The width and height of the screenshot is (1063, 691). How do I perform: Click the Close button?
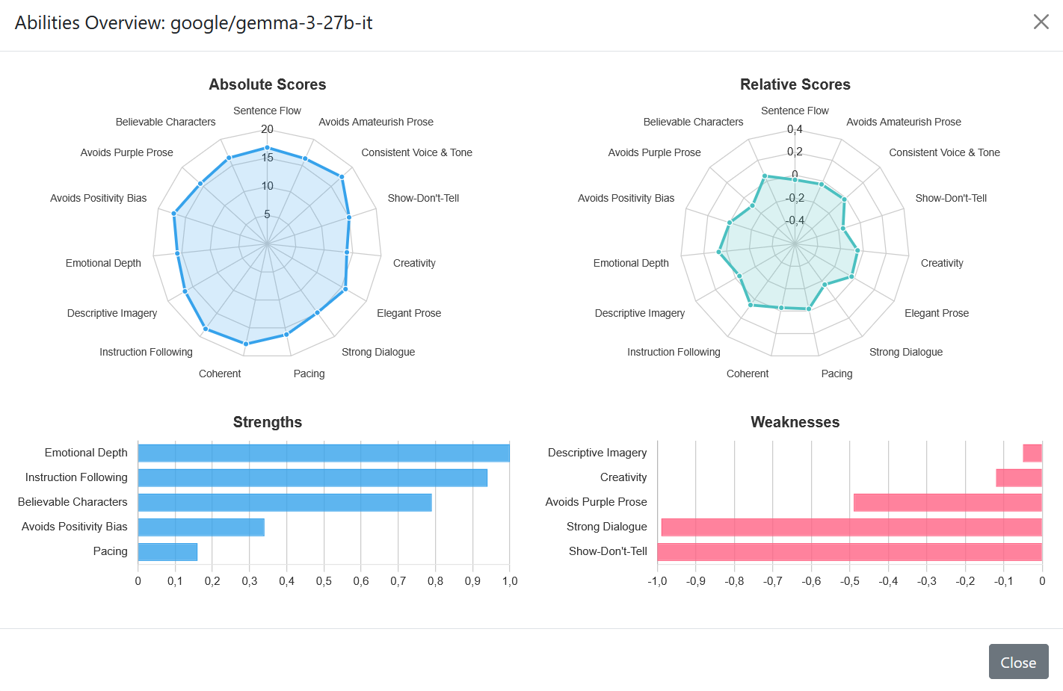click(1018, 662)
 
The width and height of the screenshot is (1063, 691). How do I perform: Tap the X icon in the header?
click(1041, 22)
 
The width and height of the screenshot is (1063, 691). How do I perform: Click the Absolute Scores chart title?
click(267, 84)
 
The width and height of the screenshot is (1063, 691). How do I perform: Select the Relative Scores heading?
click(795, 84)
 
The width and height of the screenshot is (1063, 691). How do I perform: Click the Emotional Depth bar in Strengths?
click(324, 453)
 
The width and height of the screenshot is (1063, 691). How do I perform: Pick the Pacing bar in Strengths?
click(167, 552)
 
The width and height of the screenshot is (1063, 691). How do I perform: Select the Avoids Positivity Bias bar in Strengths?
click(201, 527)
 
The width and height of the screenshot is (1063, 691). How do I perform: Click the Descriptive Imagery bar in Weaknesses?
click(1032, 453)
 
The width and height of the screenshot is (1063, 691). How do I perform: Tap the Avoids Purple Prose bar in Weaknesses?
click(947, 503)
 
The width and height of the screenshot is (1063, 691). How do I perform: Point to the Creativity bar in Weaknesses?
click(1019, 477)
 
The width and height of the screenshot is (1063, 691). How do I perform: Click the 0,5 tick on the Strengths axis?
click(324, 581)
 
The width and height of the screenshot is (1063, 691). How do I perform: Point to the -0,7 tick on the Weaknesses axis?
click(772, 581)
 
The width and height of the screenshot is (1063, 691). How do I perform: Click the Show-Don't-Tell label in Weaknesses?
click(608, 551)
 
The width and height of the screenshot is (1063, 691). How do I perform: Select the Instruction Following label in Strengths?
click(76, 477)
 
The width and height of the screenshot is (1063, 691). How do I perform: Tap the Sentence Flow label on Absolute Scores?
click(267, 111)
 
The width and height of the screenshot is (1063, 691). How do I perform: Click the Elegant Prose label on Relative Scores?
click(936, 313)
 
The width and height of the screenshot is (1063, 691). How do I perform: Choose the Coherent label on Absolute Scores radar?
click(220, 374)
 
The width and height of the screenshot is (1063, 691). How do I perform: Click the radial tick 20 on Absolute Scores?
click(267, 129)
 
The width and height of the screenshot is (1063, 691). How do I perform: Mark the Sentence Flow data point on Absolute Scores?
click(267, 148)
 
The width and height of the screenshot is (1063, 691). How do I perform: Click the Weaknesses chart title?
click(795, 422)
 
